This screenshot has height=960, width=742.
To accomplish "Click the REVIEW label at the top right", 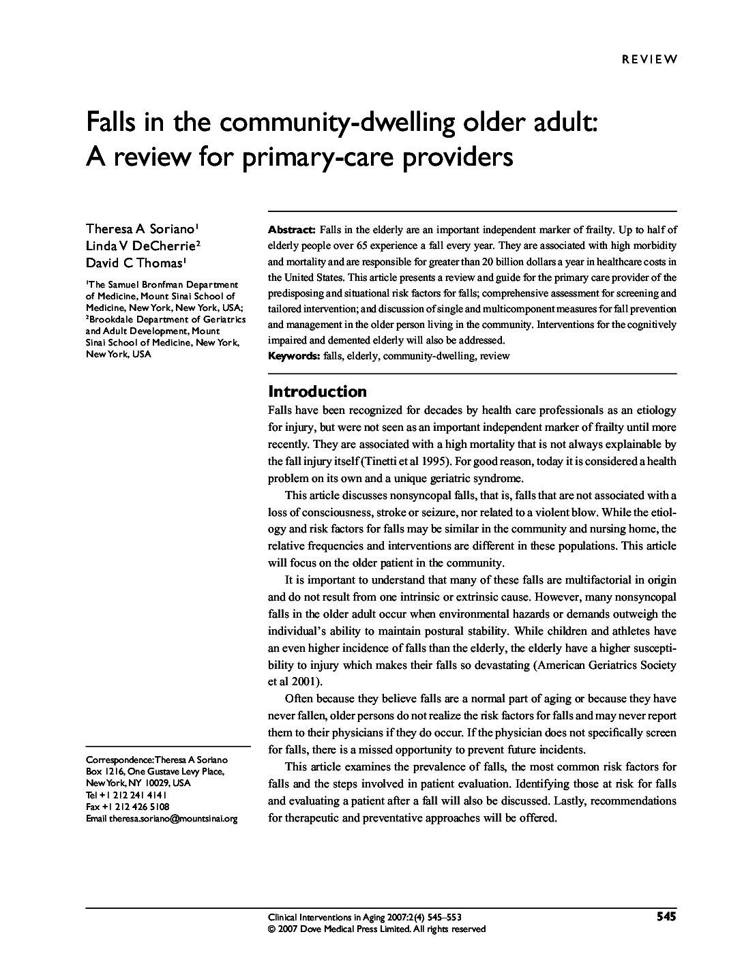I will tap(649, 59).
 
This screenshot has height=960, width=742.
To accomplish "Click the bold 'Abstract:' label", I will tap(291, 230).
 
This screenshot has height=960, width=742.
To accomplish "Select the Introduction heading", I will tap(317, 391).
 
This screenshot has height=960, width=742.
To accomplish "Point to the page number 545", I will tap(666, 917).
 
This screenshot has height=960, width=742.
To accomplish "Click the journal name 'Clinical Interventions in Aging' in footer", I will tap(327, 918).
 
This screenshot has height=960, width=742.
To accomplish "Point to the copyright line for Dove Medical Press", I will tap(376, 929).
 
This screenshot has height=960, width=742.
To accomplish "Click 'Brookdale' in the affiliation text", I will tap(111, 318).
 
